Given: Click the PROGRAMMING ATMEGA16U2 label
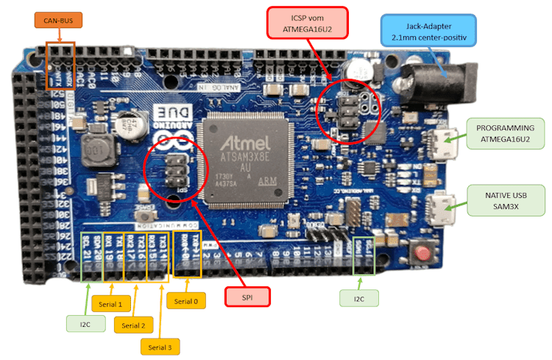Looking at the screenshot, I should tap(505, 133).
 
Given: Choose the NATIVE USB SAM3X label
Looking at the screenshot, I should tap(504, 200).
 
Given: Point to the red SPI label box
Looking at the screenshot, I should tap(247, 297).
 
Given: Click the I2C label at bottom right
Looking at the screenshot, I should tap(358, 297).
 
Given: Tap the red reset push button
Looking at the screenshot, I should tap(423, 255).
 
